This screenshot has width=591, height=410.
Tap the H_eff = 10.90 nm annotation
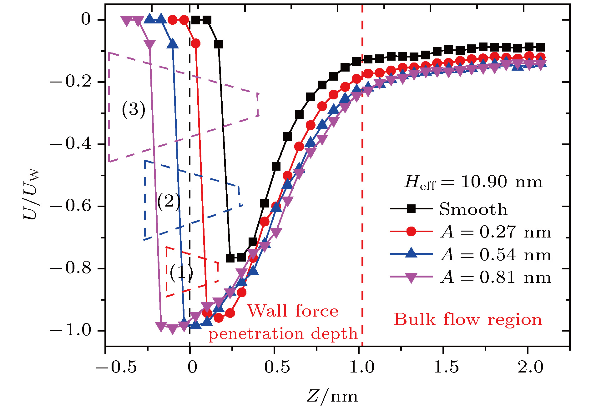pos(473,182)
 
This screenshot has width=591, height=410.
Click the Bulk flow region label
pos(467,319)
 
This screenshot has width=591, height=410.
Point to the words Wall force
pos(293,311)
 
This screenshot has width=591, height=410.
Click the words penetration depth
pos(283,333)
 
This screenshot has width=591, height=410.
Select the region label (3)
pos(134,110)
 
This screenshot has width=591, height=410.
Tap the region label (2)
pos(169,202)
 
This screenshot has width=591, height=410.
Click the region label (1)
pos(181,273)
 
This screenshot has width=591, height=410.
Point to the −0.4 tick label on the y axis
pos(71,144)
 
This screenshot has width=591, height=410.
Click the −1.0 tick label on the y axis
pos(71,331)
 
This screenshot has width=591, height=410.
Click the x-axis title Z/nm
pos(332,396)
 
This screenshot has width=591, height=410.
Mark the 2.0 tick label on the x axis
pos(531,366)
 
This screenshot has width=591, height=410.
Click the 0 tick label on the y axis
pos(86,19)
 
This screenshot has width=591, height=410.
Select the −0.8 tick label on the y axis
pos(71,268)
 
